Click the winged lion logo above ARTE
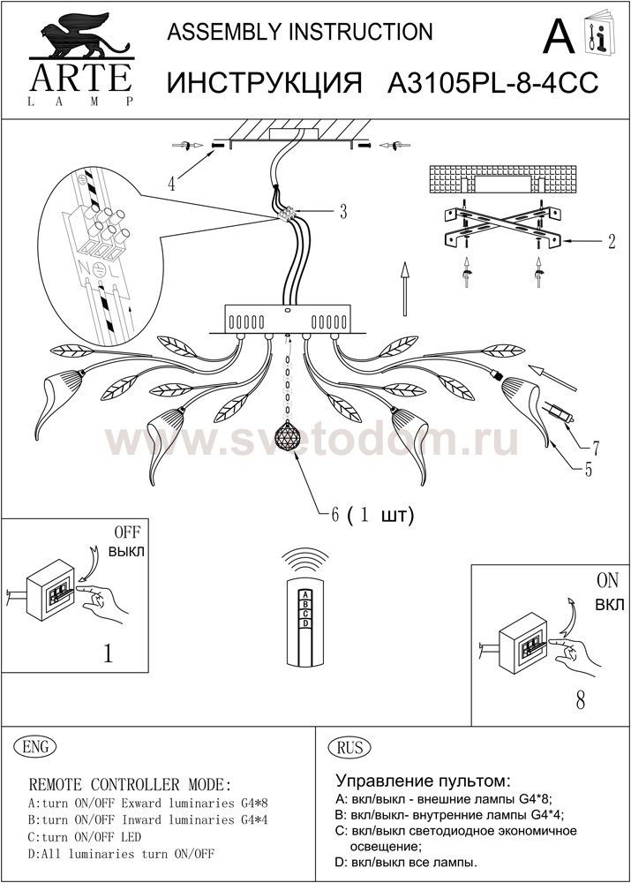tap(82, 35)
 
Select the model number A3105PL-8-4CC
tap(493, 84)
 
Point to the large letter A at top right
tap(559, 36)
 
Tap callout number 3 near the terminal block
tap(342, 212)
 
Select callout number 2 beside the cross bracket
tap(612, 241)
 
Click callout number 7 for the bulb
tap(595, 449)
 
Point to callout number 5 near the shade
tap(589, 469)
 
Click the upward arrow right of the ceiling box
tap(404, 288)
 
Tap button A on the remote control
tap(305, 594)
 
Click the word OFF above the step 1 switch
tap(127, 532)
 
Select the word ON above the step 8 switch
tap(608, 580)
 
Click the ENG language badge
tap(35, 747)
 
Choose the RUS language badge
tap(349, 748)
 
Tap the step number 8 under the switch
tap(581, 700)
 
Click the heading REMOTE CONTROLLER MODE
tap(130, 784)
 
